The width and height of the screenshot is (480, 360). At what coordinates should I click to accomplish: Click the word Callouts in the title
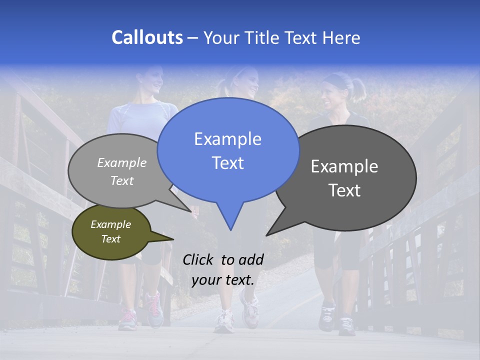[x=147, y=38]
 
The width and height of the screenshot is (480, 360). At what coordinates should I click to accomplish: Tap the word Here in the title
[x=341, y=38]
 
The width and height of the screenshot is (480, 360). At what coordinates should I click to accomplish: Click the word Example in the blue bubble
[x=227, y=139]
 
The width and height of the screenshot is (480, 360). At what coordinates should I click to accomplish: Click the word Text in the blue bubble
[x=227, y=163]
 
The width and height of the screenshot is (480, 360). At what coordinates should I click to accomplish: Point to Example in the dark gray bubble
[x=344, y=166]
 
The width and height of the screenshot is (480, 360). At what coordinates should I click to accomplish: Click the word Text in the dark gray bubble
[x=344, y=190]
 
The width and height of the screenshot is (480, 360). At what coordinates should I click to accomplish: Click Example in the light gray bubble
[x=122, y=162]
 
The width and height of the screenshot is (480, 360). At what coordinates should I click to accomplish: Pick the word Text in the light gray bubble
[x=122, y=180]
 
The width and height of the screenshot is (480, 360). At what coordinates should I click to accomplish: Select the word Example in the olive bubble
[x=110, y=224]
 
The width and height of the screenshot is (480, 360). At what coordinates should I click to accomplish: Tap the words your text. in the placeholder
[x=223, y=280]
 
